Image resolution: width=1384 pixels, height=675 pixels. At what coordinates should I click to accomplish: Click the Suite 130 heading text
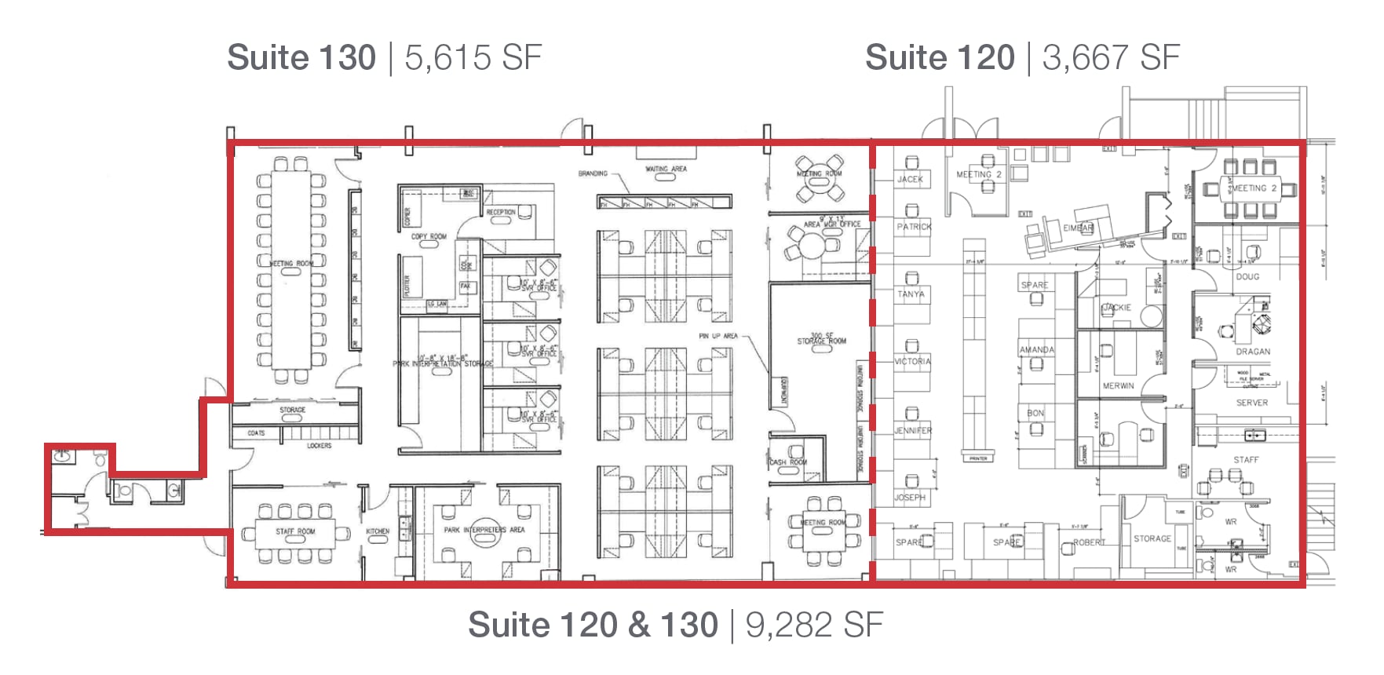click(x=301, y=58)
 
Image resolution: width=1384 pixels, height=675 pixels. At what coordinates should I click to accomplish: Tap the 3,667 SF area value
click(x=1112, y=58)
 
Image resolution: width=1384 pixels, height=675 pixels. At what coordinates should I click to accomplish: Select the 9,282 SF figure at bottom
click(x=814, y=626)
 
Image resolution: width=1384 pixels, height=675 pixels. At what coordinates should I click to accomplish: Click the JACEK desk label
click(x=910, y=180)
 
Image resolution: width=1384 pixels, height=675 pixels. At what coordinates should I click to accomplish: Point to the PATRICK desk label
click(x=914, y=227)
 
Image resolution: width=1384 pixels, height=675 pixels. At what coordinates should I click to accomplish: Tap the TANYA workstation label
click(x=911, y=294)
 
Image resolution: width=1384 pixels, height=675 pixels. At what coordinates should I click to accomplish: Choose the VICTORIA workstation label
click(x=912, y=362)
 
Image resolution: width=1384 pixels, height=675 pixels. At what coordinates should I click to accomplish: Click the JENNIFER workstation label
click(x=913, y=431)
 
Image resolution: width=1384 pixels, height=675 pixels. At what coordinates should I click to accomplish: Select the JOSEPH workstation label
click(x=910, y=498)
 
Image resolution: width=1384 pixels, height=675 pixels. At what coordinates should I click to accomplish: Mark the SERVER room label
click(x=1251, y=403)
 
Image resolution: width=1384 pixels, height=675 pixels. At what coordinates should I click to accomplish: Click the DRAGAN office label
click(x=1253, y=352)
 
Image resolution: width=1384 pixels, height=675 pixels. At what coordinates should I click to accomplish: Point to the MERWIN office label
click(x=1118, y=386)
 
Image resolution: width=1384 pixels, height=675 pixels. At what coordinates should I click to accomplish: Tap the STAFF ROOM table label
click(x=295, y=531)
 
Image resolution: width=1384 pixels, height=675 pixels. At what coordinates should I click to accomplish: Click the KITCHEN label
click(x=378, y=531)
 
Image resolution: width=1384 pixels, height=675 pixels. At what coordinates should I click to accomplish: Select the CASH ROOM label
click(x=788, y=462)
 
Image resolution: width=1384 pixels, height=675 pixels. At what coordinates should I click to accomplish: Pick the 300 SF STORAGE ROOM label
click(x=822, y=338)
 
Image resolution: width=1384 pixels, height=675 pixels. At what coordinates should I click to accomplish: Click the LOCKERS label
click(x=319, y=446)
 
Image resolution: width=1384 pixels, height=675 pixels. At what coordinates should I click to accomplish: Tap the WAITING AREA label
click(x=666, y=169)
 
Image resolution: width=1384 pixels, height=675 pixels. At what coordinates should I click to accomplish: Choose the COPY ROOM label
click(x=429, y=236)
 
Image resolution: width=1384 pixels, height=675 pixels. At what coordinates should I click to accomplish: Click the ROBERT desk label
click(x=1089, y=542)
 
